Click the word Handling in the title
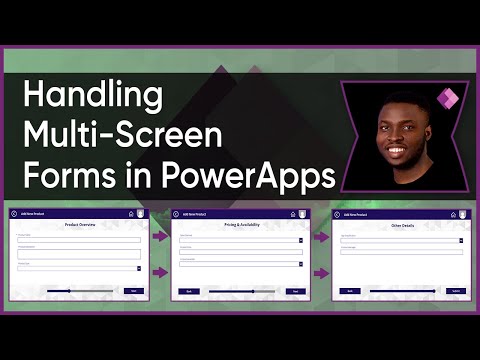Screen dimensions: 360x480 tap(92, 98)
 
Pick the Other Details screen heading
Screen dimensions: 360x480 tap(399, 225)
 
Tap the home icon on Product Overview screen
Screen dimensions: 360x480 tap(130, 214)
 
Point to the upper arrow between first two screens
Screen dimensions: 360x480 tap(160, 237)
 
